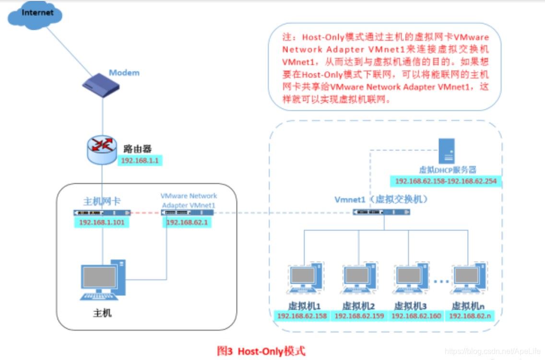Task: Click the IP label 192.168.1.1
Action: click(140, 161)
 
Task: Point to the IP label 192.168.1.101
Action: click(101, 222)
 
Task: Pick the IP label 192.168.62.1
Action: click(186, 222)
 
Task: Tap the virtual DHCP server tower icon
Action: click(447, 152)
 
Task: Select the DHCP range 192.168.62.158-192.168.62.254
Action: click(446, 181)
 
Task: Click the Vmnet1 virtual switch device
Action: click(382, 212)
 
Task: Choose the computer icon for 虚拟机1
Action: click(305, 278)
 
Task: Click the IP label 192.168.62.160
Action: click(416, 316)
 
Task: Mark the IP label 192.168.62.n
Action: click(470, 316)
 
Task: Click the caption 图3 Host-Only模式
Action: click(261, 351)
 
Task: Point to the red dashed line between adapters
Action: click(145, 213)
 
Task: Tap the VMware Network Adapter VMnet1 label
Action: click(189, 200)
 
